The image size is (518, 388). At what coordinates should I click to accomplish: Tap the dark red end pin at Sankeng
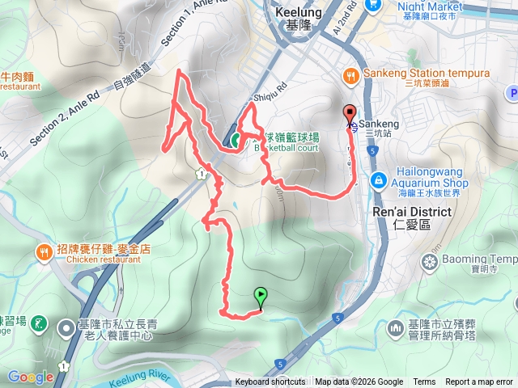[x=350, y=114]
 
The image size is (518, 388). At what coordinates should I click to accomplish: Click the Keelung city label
[x=299, y=13]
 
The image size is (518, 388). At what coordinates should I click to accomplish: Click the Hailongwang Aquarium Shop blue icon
[x=378, y=179]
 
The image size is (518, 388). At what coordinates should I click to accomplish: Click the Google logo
[x=30, y=377]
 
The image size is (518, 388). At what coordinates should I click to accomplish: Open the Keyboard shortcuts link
[x=270, y=382]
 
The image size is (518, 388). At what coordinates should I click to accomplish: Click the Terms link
[x=424, y=382]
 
